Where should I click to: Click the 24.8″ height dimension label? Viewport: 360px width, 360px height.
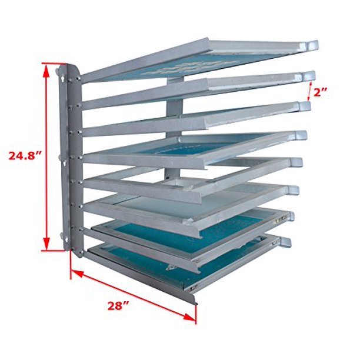pyautogui.click(x=25, y=156)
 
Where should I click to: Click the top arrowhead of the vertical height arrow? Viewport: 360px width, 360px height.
pyautogui.click(x=46, y=65)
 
